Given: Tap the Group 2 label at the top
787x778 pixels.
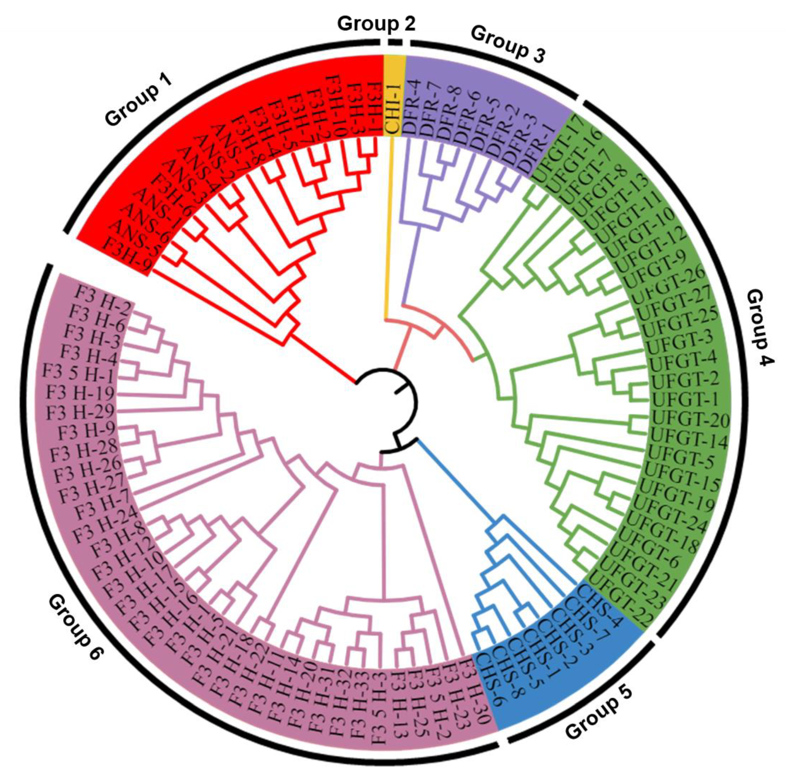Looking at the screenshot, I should pos(376,24).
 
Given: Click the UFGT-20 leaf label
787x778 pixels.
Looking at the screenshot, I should pos(691,419).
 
